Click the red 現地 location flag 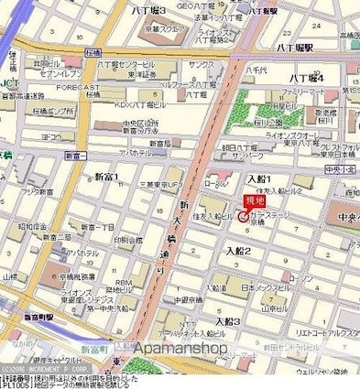252,201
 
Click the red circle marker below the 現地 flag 243,217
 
